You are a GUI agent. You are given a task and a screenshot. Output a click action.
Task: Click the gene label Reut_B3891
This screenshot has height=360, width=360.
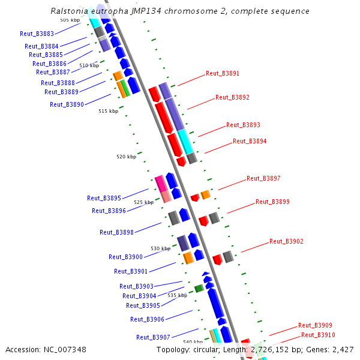pos(222,74)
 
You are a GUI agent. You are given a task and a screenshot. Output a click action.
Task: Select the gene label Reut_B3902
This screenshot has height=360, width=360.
pos(286,242)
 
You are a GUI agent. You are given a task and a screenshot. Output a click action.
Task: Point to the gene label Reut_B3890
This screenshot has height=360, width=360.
pos(67,104)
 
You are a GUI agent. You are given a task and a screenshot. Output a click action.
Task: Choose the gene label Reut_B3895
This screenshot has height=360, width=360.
pos(104,198)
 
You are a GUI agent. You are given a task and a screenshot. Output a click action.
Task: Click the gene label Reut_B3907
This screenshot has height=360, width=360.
pos(153,337)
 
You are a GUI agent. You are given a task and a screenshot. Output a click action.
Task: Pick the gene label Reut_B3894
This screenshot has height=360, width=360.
pos(250,142)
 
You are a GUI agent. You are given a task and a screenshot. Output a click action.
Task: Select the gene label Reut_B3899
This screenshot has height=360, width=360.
pos(272,202)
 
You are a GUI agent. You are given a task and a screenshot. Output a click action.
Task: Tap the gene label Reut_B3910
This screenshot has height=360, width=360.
pos(318,335)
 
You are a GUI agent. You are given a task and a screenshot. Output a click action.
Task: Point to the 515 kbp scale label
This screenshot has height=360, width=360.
pos(109,111)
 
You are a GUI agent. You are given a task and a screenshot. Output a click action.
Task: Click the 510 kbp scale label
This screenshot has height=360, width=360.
pos(89,65)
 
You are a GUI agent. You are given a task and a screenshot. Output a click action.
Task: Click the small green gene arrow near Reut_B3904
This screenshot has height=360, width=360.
pos(199,289)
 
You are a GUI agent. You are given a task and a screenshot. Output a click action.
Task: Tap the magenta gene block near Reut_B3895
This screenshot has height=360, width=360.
pos(160,182)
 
